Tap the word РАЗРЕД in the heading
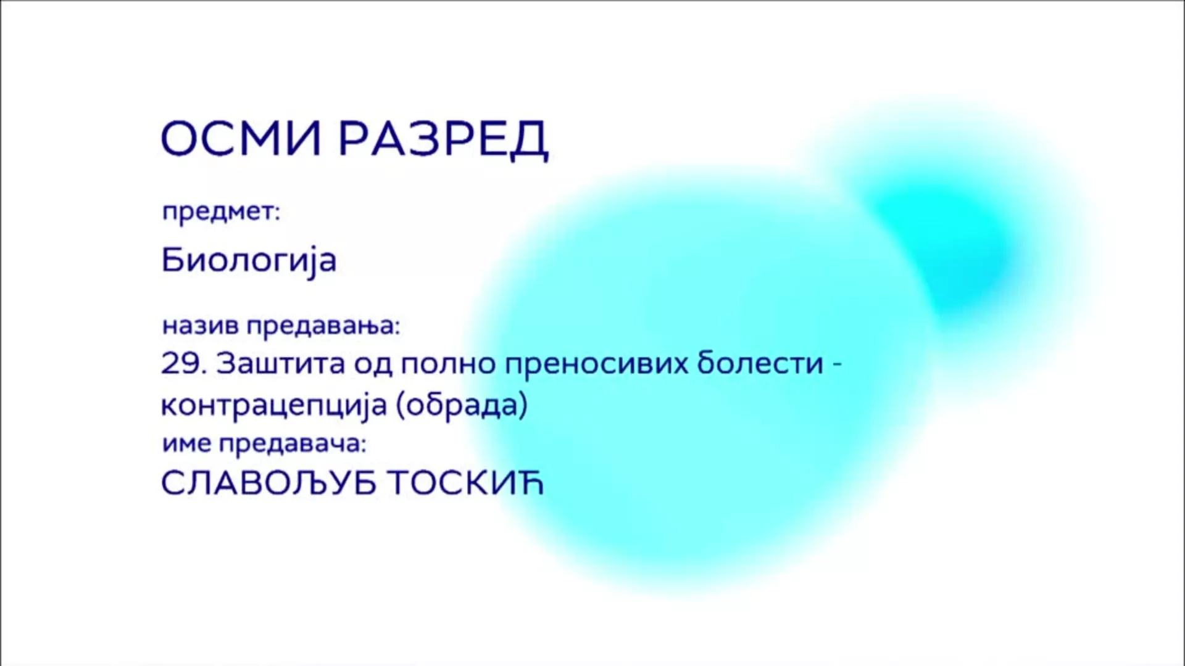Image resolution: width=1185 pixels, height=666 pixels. [443, 140]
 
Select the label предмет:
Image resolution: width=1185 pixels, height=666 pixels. [221, 212]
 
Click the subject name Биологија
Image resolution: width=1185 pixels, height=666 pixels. [249, 260]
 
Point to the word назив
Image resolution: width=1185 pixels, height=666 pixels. [200, 326]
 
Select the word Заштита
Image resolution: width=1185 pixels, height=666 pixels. [280, 364]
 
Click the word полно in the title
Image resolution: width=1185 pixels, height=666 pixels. [449, 364]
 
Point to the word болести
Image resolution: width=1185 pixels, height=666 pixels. [760, 363]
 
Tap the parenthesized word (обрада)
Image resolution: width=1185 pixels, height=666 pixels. [462, 406]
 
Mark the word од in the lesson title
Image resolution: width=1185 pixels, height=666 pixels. [373, 364]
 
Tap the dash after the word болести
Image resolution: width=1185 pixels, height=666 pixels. [837, 364]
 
